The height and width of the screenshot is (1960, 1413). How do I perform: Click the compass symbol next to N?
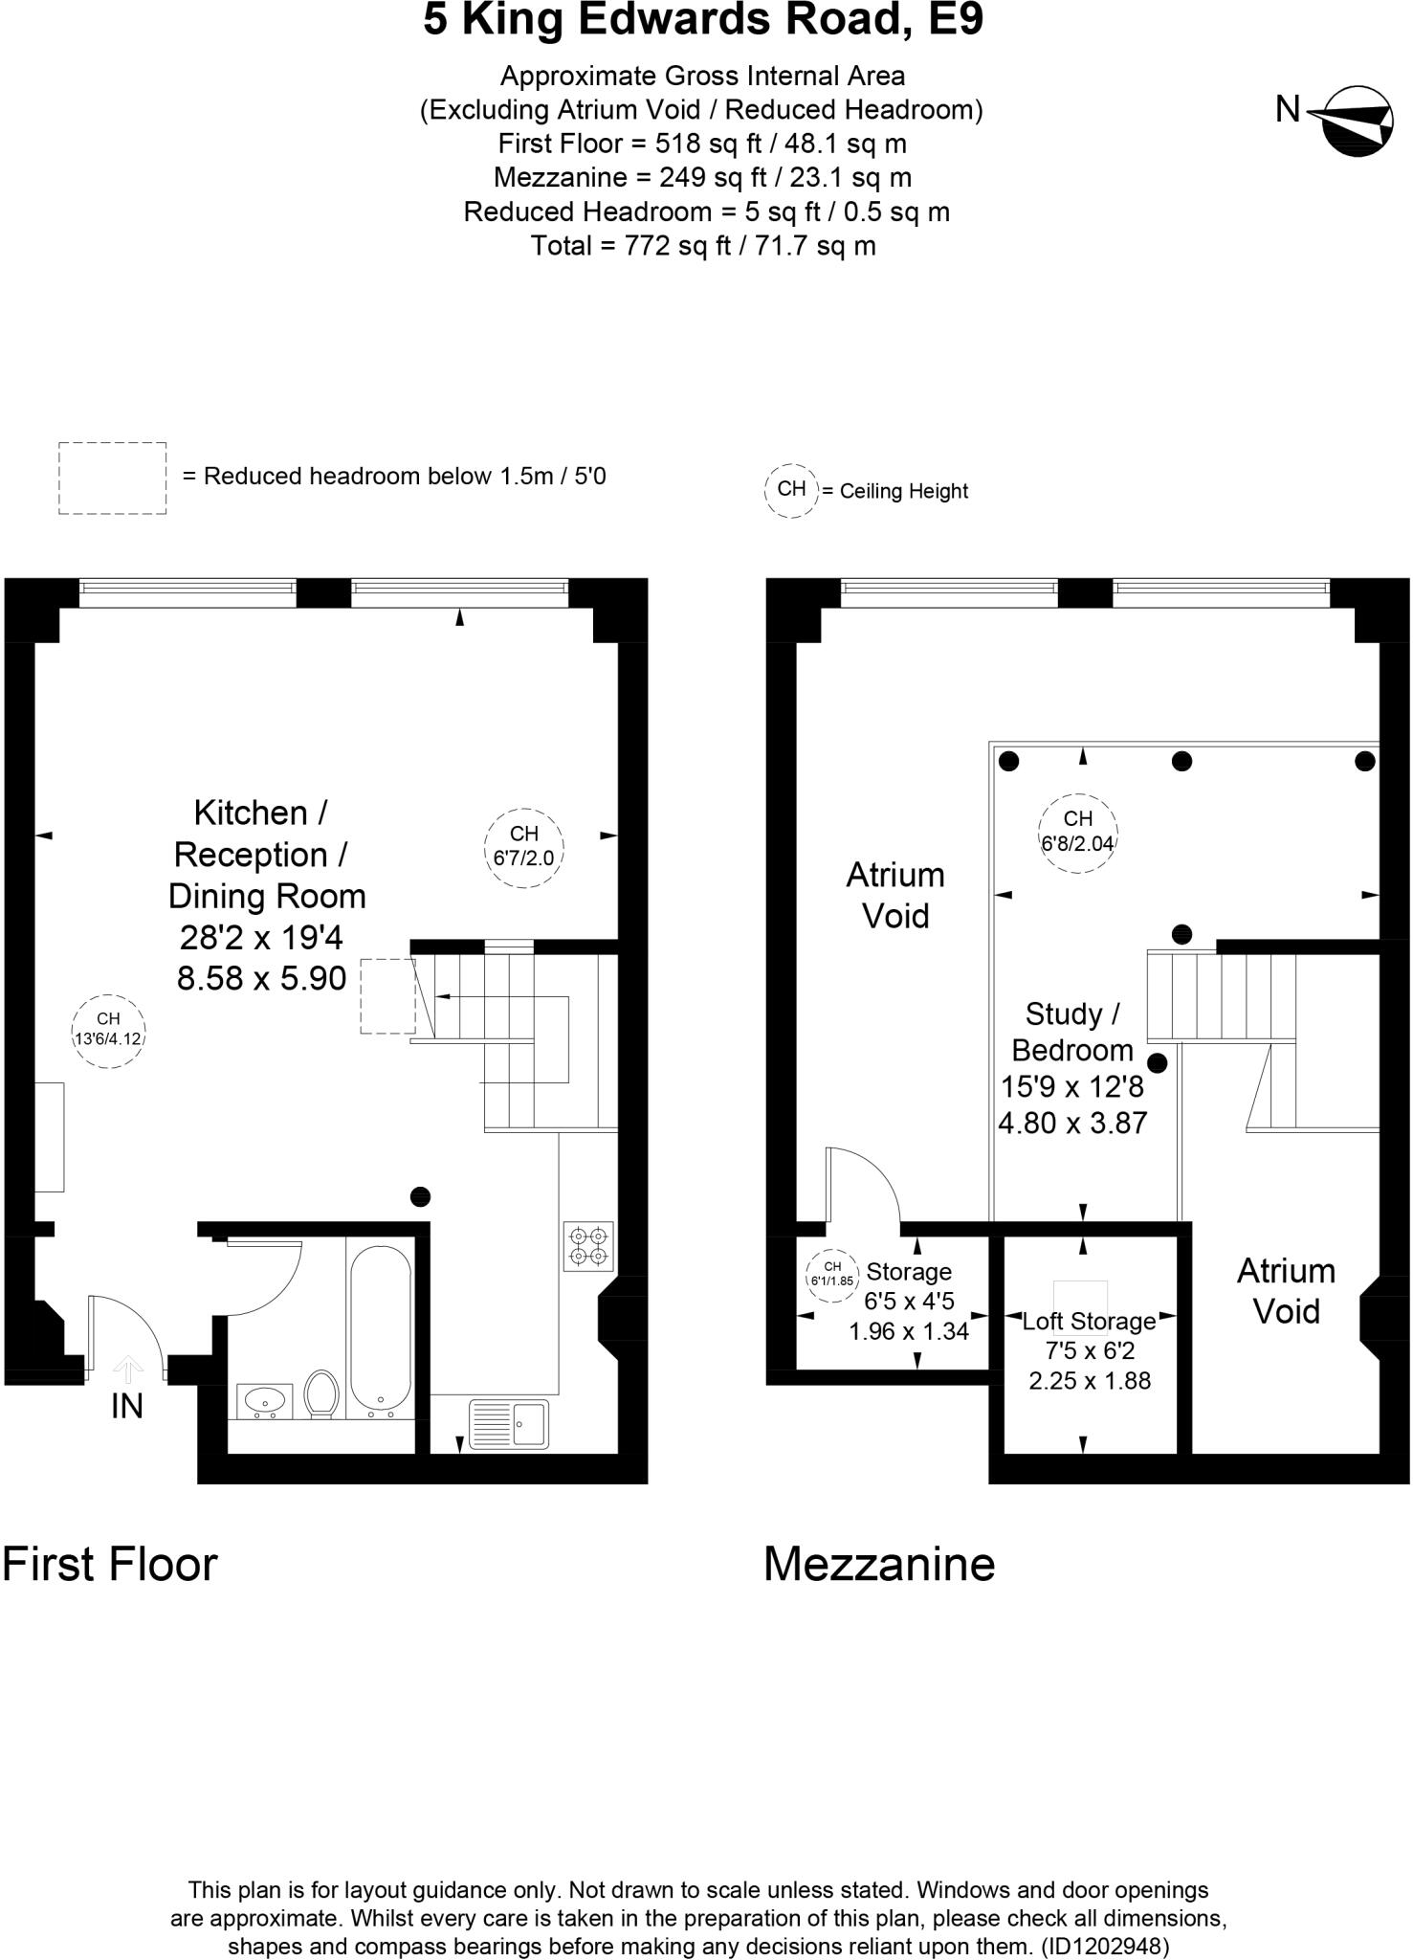[1356, 121]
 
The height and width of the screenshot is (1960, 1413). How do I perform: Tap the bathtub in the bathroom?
[380, 1330]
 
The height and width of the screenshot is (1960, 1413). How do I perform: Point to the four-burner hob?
[588, 1245]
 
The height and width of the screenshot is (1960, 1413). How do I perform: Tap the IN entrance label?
[127, 1406]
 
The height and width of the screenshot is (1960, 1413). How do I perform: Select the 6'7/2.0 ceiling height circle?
[523, 846]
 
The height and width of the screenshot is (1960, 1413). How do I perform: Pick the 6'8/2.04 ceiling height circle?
[1078, 832]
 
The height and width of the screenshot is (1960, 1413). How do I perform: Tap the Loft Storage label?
[1089, 1322]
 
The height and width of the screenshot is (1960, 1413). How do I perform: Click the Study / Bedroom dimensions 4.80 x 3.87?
[1072, 1122]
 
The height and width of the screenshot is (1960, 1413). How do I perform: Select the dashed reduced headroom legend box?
[113, 478]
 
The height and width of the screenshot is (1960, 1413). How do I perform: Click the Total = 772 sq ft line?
[703, 246]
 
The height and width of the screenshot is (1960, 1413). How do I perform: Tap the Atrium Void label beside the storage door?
[895, 895]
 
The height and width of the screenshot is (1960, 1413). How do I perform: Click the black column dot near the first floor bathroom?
[420, 1196]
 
